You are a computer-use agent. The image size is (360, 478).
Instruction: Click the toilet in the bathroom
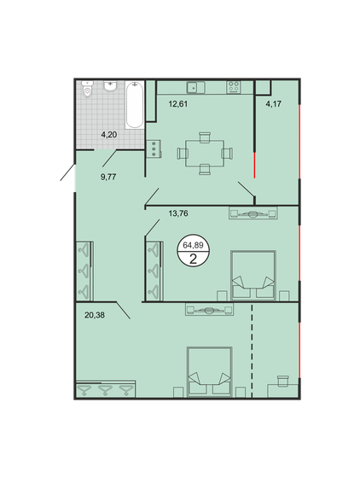[87, 89]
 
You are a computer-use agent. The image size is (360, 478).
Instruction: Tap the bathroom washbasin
[110, 86]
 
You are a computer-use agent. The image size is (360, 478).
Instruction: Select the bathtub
[134, 104]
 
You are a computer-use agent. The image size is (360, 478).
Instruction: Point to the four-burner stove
[233, 87]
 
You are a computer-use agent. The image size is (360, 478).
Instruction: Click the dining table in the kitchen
[205, 154]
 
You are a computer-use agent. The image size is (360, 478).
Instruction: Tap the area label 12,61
[178, 104]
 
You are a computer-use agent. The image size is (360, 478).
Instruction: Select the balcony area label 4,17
[274, 104]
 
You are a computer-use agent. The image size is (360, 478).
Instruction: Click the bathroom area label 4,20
[109, 135]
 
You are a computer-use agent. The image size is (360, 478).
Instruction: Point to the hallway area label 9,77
[108, 177]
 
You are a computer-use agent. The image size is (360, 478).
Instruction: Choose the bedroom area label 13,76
[178, 213]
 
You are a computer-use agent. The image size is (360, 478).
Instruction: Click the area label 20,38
[95, 315]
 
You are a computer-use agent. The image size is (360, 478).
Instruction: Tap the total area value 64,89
[193, 245]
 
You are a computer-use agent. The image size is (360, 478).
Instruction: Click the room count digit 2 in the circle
[193, 259]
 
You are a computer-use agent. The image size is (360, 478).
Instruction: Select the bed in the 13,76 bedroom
[253, 276]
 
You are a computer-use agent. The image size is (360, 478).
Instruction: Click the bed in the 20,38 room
[210, 372]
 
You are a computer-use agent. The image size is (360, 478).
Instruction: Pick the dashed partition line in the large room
[252, 351]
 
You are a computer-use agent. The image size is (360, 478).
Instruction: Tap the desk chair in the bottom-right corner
[283, 381]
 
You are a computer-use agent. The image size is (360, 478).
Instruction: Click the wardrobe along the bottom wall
[106, 388]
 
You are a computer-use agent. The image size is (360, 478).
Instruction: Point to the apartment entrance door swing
[67, 172]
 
